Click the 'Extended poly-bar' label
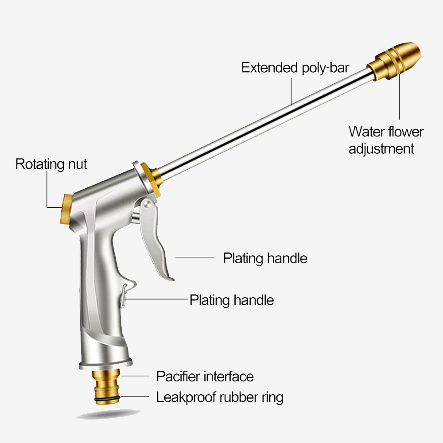pyautogui.click(x=295, y=68)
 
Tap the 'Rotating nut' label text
pyautogui.click(x=51, y=164)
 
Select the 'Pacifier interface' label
pyautogui.click(x=205, y=377)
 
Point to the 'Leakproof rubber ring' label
pyautogui.click(x=220, y=397)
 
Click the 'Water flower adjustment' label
pyautogui.click(x=385, y=140)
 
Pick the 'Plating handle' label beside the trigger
pyautogui.click(x=265, y=258)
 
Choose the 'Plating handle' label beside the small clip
pyautogui.click(x=232, y=300)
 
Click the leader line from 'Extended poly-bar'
pyautogui.click(x=291, y=89)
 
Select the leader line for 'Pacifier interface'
pyautogui.click(x=135, y=376)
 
